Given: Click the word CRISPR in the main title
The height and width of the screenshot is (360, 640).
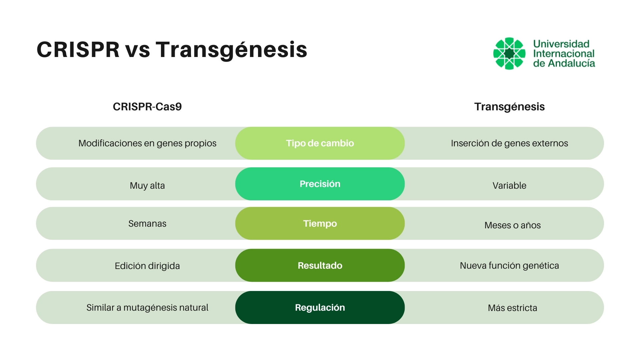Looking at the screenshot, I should [x=78, y=50].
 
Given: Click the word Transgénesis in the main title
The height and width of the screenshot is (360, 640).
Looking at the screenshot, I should [x=231, y=50].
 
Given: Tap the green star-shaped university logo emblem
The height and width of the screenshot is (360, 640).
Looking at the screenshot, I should [x=509, y=53].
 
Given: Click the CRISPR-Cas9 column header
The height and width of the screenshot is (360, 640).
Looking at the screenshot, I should [x=147, y=107].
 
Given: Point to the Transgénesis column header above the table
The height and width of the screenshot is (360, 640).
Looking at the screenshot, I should [x=509, y=107].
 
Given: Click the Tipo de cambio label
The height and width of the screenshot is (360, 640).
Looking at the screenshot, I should [x=320, y=143].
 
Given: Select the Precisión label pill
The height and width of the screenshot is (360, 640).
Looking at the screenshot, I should [x=320, y=184].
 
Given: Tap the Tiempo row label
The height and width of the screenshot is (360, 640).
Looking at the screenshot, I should [x=320, y=223].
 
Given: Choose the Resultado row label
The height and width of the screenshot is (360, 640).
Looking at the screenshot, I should [x=320, y=265].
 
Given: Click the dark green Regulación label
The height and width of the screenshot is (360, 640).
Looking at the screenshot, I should [x=320, y=307].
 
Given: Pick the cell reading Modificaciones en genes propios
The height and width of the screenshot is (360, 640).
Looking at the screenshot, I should [x=147, y=143].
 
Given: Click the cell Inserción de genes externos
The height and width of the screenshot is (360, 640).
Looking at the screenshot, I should [x=509, y=143].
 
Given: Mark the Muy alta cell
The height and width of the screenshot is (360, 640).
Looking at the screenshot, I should [x=147, y=185].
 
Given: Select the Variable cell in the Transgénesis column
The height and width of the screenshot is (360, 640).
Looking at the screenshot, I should [x=509, y=185].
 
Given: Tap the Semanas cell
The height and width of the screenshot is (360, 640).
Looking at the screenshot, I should [x=147, y=223].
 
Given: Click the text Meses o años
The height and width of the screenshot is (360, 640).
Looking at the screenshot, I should [x=512, y=225].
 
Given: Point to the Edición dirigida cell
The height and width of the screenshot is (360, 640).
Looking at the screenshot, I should [x=147, y=266].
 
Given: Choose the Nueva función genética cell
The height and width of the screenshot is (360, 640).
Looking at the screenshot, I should [x=509, y=265].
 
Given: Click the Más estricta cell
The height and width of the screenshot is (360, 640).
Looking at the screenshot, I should [x=512, y=308].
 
